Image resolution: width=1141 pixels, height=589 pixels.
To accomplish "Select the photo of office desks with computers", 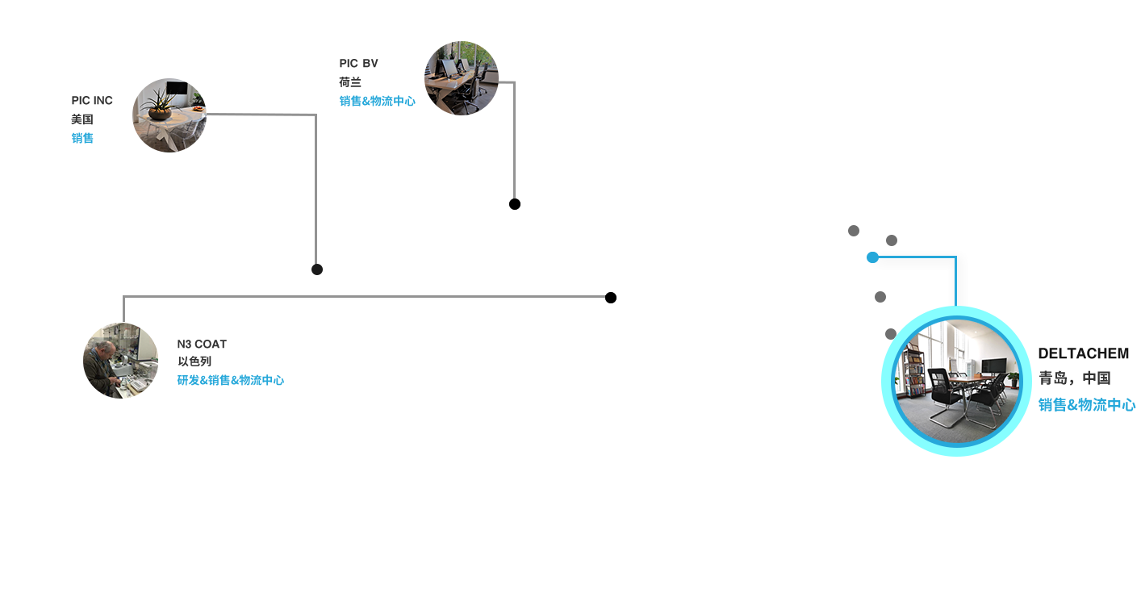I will point(461,78).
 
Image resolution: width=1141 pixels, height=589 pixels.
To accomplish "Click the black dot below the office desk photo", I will point(514,204).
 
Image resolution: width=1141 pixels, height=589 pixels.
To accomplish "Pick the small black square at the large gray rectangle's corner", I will point(316,269).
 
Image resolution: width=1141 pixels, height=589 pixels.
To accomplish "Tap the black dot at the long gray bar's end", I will point(611,298).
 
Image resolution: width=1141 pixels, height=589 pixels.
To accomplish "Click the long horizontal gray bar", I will point(363,308).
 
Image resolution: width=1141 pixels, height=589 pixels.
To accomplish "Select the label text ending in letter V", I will point(358,64).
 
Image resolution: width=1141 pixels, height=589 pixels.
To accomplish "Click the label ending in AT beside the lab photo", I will point(202,345).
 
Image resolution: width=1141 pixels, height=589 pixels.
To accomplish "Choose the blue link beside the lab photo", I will point(230,380).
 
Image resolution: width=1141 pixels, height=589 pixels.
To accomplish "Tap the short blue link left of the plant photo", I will point(82,138).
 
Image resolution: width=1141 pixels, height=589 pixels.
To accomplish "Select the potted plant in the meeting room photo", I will point(1012,377).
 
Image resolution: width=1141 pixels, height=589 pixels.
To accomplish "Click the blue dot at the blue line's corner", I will point(871,257).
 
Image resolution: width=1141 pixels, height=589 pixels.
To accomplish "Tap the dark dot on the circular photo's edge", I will point(891,334).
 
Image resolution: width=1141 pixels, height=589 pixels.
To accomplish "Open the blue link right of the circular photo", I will point(1086,404).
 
